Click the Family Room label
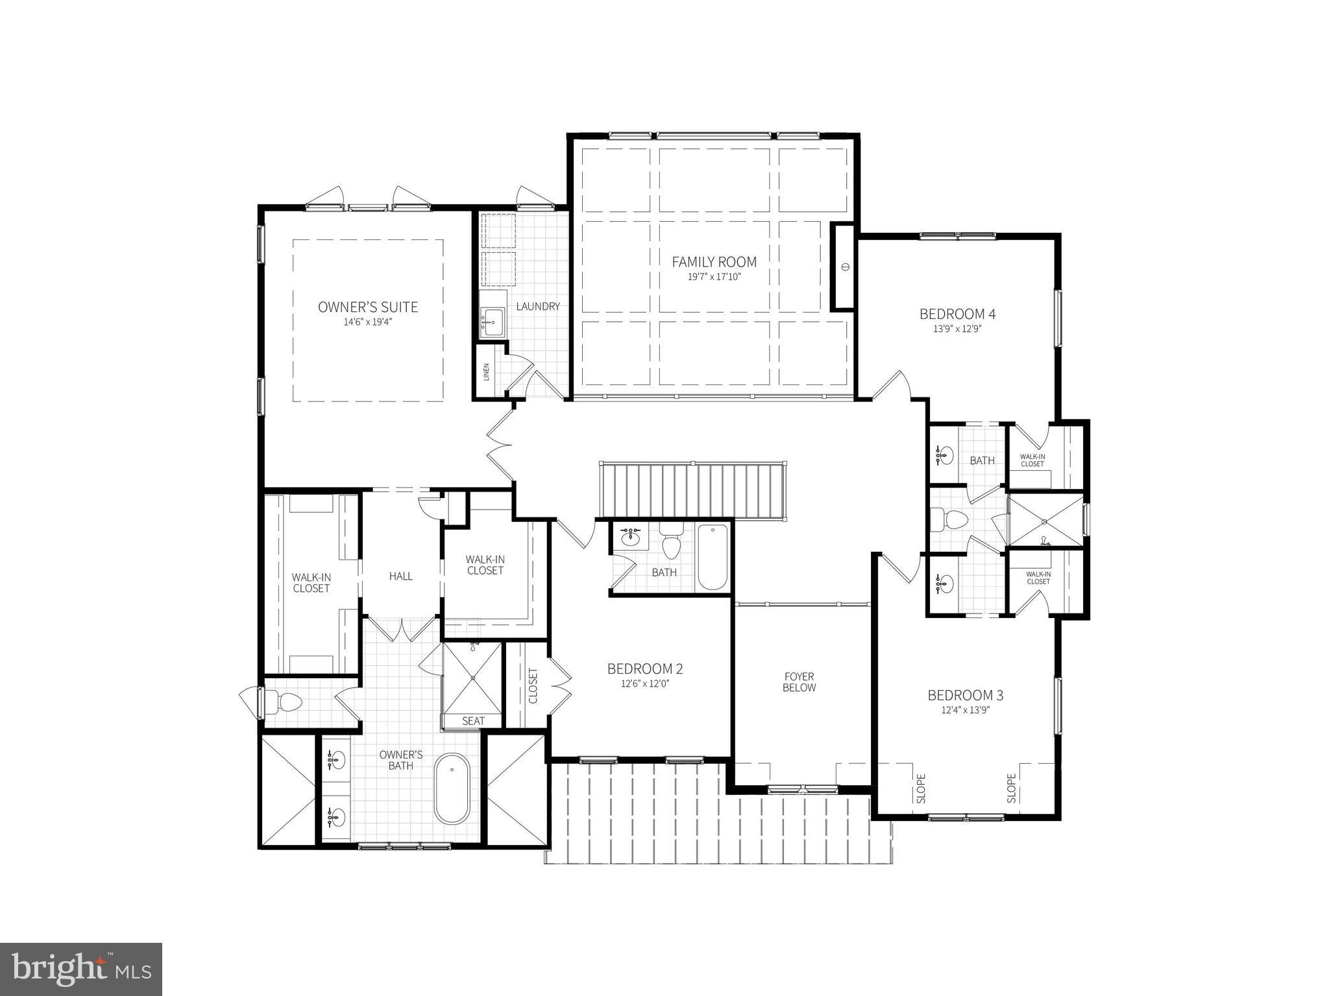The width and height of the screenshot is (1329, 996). tap(714, 262)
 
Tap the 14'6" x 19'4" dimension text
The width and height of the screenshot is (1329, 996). tap(368, 322)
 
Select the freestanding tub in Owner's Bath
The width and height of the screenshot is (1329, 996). tap(452, 788)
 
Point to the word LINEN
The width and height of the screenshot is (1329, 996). tap(486, 372)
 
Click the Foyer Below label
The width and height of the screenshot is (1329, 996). tap(799, 682)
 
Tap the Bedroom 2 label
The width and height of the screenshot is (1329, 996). tap(644, 669)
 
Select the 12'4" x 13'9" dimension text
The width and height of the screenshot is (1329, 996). tap(965, 709)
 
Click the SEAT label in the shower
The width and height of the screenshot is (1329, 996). tap(473, 721)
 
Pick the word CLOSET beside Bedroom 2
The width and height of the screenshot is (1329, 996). tap(533, 685)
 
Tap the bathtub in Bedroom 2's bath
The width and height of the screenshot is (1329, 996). tap(713, 558)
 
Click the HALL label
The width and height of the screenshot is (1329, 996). tap(400, 576)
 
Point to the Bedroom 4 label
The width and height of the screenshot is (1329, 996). tap(957, 314)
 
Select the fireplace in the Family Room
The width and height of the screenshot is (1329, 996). tap(844, 267)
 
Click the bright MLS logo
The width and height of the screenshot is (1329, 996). tap(81, 969)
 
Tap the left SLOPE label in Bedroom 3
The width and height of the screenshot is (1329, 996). tap(921, 788)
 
